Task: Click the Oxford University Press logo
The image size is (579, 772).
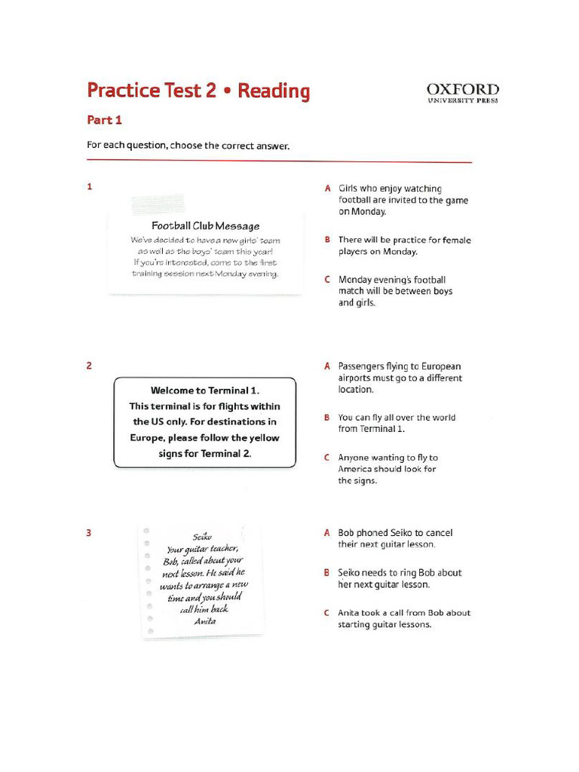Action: click(x=462, y=93)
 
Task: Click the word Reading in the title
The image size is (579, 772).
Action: click(x=274, y=91)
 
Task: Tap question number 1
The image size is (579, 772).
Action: click(x=90, y=187)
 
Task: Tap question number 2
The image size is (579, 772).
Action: click(x=90, y=366)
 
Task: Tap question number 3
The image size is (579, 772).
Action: click(x=90, y=533)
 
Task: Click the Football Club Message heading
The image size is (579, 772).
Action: click(x=205, y=225)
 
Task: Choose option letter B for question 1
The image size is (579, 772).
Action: click(x=328, y=240)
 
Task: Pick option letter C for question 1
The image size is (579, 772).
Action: click(x=328, y=280)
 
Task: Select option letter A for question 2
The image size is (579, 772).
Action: click(x=328, y=366)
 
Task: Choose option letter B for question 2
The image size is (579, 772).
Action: click(x=328, y=417)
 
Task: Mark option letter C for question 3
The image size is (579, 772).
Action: click(x=328, y=613)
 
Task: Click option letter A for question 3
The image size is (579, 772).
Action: click(x=328, y=533)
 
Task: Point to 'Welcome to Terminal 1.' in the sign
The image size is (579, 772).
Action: click(x=204, y=391)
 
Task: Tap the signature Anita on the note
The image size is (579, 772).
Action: click(x=204, y=621)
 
